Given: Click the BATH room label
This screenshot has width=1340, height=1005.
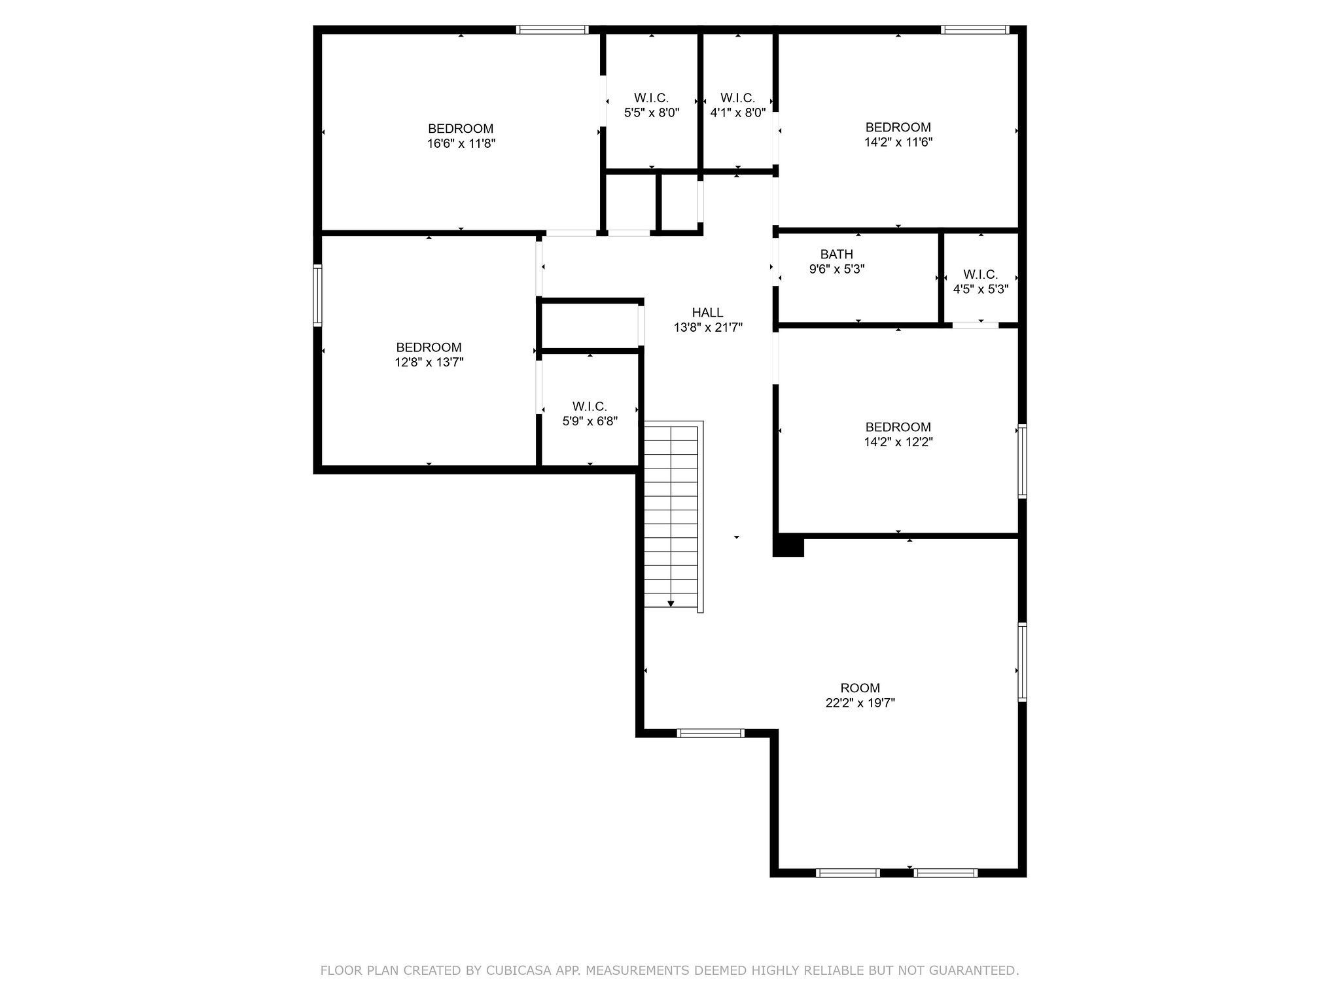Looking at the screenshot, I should (x=836, y=254).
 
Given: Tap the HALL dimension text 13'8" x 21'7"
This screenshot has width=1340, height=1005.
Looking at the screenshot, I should (x=708, y=327).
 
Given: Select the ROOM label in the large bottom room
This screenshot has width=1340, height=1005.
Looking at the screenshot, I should (x=860, y=688).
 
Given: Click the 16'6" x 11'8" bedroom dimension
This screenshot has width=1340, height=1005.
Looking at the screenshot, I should (x=461, y=143).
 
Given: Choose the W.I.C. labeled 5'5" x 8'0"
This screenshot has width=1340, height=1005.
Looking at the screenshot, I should (x=652, y=105).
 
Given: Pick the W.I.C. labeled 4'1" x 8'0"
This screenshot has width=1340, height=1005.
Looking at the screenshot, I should (x=737, y=105).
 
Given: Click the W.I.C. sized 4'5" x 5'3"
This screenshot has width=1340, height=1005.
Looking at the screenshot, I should (x=980, y=281).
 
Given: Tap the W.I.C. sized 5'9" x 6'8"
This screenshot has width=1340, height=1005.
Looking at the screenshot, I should (x=590, y=414).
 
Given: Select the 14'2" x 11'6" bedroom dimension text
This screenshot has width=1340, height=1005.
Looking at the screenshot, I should (x=898, y=142).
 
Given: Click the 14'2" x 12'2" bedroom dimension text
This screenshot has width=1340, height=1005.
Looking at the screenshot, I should (x=898, y=442).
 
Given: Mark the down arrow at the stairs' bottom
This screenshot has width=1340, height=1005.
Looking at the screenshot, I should (x=671, y=603).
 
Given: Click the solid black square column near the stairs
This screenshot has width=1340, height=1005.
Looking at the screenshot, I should (x=788, y=546).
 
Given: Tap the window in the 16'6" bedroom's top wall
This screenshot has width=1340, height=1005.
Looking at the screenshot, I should (x=552, y=29).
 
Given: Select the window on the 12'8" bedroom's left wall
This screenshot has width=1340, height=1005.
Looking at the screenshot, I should (x=317, y=294).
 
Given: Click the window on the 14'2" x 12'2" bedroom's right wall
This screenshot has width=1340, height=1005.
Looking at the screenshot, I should (x=1021, y=461).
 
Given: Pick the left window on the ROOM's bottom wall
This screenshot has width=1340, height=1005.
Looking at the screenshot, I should (x=848, y=872).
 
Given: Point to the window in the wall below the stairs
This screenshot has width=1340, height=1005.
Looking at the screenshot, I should (x=710, y=733).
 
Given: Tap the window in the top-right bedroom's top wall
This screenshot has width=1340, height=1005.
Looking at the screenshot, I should (x=975, y=29).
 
